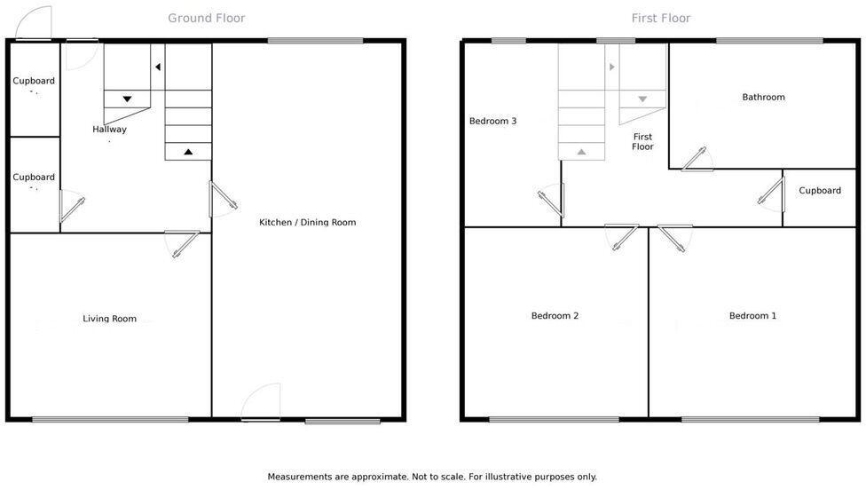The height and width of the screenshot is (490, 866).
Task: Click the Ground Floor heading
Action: tap(207, 18)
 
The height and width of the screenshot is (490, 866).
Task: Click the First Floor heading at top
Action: tap(661, 18)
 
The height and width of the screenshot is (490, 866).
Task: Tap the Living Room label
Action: tap(110, 319)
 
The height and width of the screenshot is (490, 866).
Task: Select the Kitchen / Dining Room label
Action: tap(307, 222)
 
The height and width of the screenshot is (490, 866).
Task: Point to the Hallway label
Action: tap(109, 130)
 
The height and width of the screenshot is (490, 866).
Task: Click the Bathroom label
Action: tap(763, 97)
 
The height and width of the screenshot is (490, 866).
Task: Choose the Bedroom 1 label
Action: tap(752, 315)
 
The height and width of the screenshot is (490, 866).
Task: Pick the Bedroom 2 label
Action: tap(555, 315)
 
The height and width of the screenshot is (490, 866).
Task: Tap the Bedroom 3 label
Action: tap(492, 121)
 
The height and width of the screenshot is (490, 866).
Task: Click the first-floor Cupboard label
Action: tap(820, 190)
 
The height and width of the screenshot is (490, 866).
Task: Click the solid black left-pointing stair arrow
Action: tap(157, 67)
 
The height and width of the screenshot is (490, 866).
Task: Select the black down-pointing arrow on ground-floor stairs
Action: tap(127, 99)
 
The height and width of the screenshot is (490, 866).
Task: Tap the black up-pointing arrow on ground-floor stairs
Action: tap(188, 152)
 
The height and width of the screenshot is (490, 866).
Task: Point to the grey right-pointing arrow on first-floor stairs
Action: tap(612, 67)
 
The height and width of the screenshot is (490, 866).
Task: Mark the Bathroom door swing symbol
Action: tap(697, 159)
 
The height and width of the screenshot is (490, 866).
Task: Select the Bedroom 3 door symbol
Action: tap(551, 200)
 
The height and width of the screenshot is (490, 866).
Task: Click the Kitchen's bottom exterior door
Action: tap(262, 404)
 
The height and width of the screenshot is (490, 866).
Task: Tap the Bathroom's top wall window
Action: tap(769, 40)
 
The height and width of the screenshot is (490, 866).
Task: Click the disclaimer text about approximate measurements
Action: tap(432, 477)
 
